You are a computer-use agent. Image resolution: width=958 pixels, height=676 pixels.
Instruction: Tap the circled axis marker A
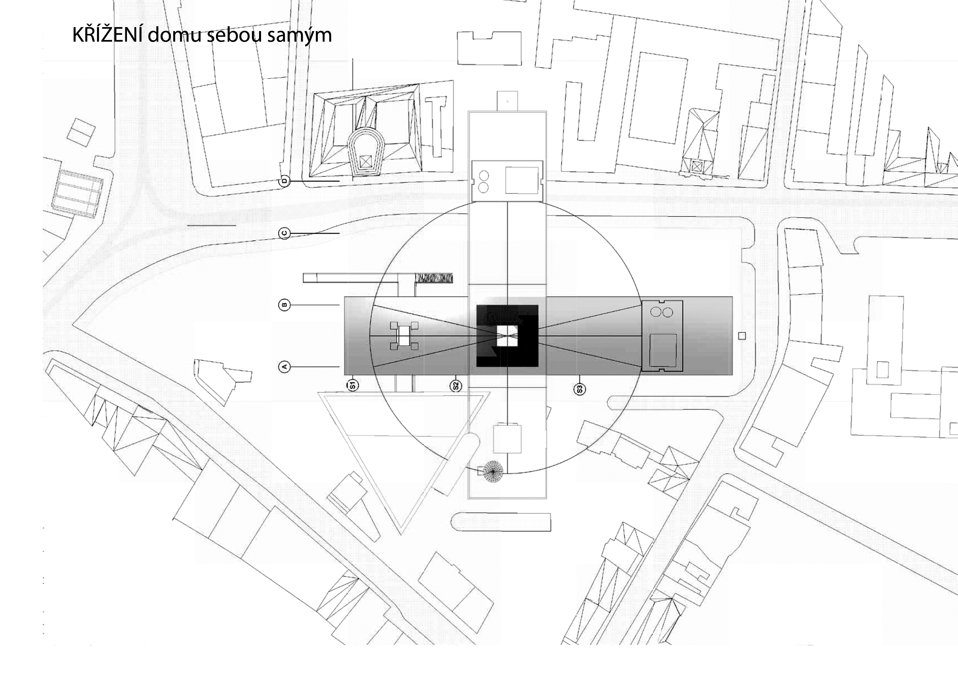coord(284,367)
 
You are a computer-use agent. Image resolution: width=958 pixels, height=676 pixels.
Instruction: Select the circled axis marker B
coord(284,305)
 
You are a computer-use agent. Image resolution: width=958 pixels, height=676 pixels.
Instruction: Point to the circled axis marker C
coord(284,233)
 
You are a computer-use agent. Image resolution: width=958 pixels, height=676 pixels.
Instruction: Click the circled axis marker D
coord(284,181)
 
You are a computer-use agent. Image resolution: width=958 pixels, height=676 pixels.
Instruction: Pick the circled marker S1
coord(353,385)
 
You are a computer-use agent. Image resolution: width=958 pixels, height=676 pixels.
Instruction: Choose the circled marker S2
coord(456,386)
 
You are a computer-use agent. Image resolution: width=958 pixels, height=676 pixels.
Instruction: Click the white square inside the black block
coord(507,336)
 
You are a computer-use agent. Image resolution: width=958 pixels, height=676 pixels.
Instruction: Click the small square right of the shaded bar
coord(741,335)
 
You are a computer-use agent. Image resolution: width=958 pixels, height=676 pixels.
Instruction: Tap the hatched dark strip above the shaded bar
coord(434,278)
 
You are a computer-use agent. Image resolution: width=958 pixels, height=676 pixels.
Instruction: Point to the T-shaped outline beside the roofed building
coord(436,125)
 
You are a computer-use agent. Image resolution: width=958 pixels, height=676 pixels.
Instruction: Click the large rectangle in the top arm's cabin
coord(522,180)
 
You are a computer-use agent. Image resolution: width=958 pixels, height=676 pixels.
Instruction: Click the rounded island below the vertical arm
coord(501,522)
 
